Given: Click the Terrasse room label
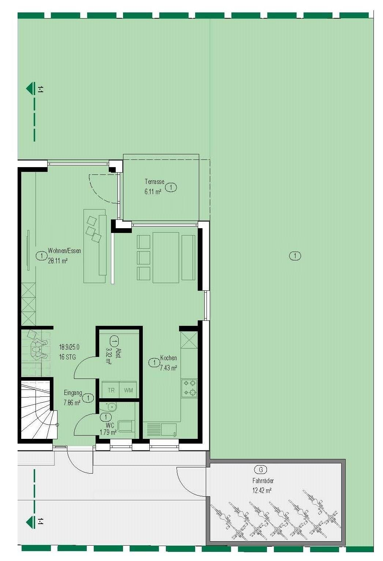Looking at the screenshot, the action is [154, 181].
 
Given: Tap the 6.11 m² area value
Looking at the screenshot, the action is [153, 192].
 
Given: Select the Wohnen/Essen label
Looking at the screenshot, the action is [64, 251].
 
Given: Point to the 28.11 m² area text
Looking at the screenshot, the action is [58, 261].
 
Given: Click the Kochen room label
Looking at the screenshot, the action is [168, 358].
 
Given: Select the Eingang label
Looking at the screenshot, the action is [73, 393].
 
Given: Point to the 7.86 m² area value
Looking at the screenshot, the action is [72, 403].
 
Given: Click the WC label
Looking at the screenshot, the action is [110, 425].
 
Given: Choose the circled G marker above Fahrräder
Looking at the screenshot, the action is [261, 470].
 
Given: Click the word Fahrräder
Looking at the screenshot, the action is [263, 481].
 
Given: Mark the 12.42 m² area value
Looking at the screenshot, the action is [262, 491].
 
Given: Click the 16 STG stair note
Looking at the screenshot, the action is [67, 357].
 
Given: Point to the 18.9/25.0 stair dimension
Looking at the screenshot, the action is [69, 347].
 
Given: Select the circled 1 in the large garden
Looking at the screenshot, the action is [295, 256].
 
